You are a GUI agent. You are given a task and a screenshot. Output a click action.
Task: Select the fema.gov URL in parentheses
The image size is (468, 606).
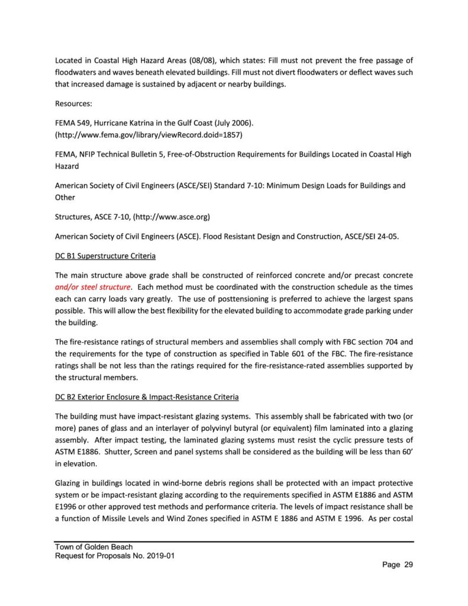[149, 134]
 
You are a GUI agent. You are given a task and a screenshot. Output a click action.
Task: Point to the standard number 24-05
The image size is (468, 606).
[386, 237]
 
